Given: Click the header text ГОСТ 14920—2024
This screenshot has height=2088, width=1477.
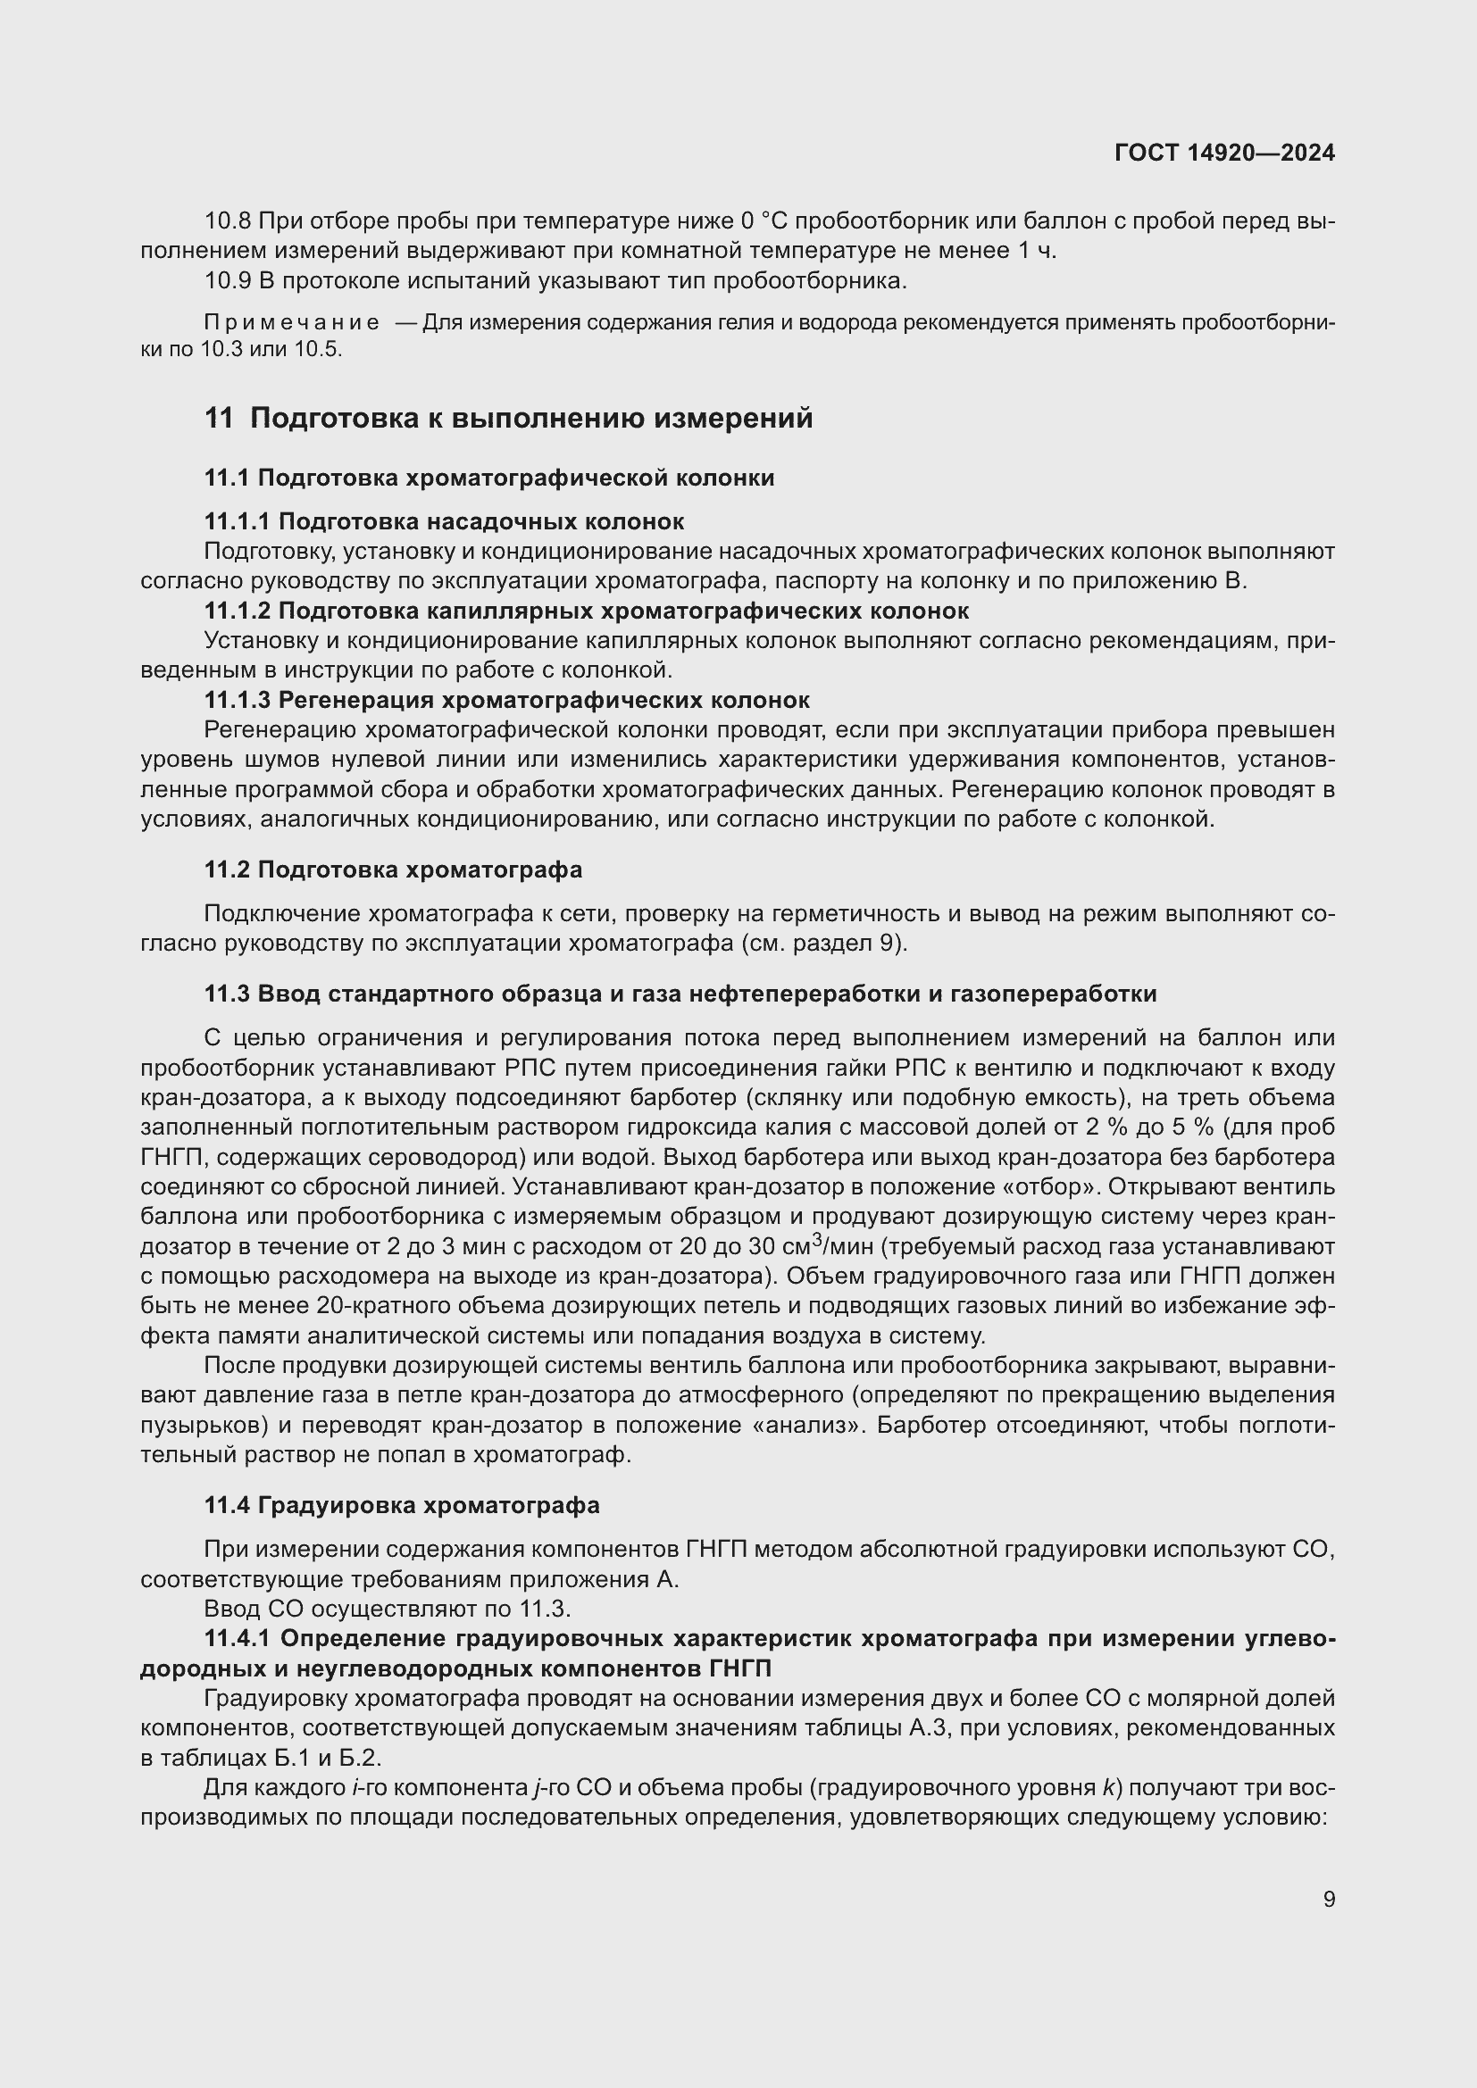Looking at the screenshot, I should (1224, 153).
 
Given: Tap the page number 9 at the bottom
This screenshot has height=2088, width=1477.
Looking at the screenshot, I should (1329, 1899).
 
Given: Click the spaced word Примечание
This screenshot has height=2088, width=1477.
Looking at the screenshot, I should (292, 323).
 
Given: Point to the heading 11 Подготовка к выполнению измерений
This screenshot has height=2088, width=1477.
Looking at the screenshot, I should (508, 419).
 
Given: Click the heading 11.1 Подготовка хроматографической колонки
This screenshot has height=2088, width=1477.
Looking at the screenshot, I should (489, 478).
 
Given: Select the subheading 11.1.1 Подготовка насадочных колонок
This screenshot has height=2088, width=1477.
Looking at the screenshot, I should (444, 521).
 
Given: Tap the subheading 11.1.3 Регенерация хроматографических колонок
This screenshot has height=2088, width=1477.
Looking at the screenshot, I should (506, 700).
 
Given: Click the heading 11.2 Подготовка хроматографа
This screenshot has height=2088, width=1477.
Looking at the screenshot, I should (393, 869).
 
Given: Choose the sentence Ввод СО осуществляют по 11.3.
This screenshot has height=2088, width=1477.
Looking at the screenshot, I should (388, 1609).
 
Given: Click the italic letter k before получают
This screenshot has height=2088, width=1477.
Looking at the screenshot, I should (1107, 1788).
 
